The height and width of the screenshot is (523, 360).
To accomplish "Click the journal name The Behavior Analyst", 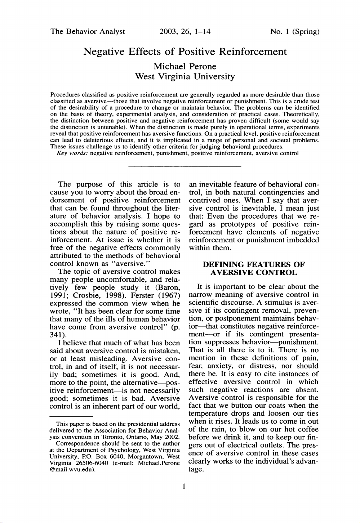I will pos(88,31).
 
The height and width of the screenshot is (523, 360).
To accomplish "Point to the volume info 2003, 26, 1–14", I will pos(185,31).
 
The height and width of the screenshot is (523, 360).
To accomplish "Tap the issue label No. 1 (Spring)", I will pos(295,31).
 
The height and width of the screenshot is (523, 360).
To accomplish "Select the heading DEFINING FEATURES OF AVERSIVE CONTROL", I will pos(254,269).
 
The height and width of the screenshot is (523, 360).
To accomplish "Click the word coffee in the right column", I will pos(306,429).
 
